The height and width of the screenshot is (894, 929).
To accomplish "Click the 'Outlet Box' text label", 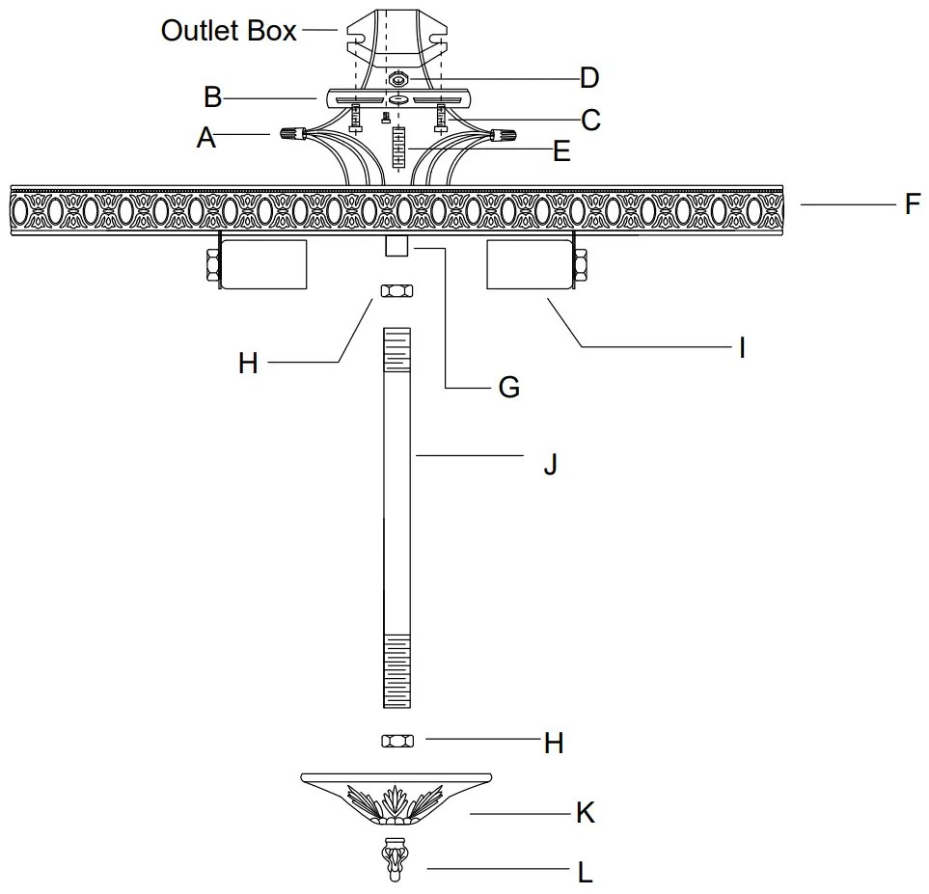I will [229, 31].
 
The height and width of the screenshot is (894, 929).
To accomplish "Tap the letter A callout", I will [205, 138].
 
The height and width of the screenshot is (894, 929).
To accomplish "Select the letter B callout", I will [213, 97].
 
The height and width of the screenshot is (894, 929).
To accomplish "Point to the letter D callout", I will [588, 77].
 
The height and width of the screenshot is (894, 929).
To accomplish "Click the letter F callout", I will [912, 204].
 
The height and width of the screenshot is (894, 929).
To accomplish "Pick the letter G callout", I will [508, 387].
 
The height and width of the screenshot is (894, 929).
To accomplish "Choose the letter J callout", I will [550, 464].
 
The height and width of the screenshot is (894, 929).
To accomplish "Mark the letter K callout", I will [585, 813].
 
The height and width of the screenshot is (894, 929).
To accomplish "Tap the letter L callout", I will [585, 873].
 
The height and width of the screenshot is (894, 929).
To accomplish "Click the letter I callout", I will [741, 347].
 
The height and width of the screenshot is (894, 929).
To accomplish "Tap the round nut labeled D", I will [398, 78].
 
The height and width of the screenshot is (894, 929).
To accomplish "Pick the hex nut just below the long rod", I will [397, 740].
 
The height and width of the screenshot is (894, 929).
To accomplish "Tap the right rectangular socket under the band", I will [530, 264].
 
